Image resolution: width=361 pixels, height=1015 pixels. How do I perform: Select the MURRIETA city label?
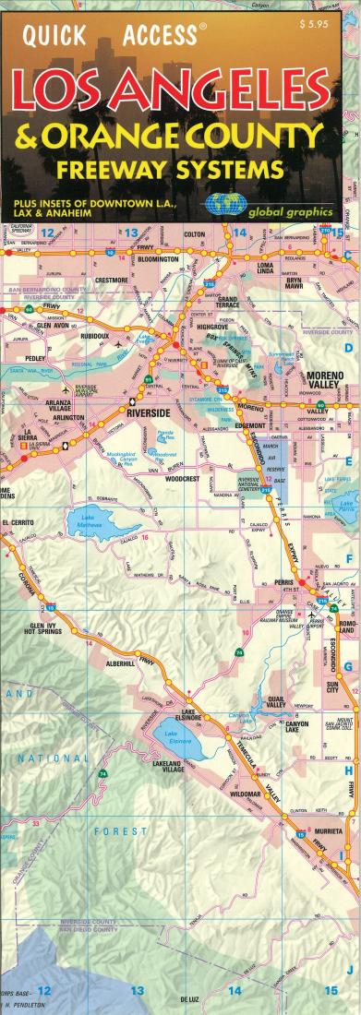pyautogui.click(x=330, y=830)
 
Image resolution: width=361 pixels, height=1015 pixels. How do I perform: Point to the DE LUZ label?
pyautogui.click(x=190, y=999)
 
